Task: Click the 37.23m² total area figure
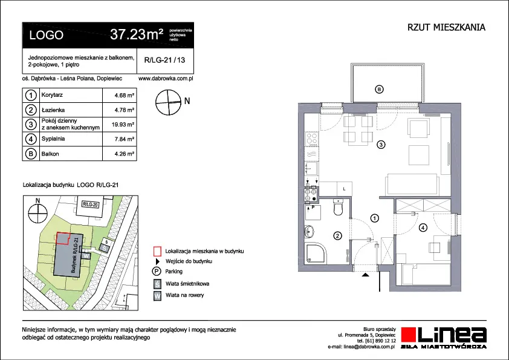137,34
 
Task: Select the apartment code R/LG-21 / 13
164,60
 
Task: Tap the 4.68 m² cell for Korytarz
125,96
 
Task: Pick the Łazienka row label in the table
53,110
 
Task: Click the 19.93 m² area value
123,125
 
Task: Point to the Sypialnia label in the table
53,139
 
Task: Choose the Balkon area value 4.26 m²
125,154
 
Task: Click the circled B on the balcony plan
379,89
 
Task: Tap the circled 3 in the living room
381,144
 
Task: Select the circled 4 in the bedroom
423,227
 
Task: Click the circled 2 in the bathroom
337,235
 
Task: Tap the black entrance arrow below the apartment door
366,275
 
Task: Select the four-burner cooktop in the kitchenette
312,139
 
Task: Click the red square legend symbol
157,252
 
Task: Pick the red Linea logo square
408,335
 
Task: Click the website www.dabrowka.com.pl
166,78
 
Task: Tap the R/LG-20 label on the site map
90,205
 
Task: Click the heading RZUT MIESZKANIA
446,27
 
